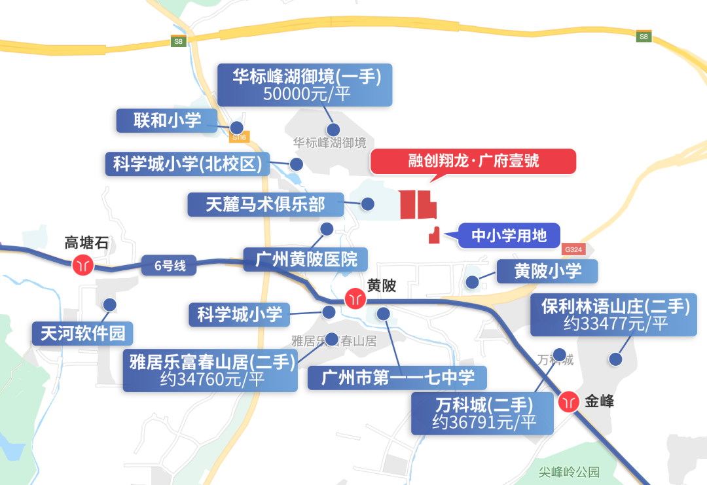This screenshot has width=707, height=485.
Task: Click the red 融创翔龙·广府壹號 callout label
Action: pos(473,161)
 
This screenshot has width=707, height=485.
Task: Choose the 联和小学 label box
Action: pos(167,120)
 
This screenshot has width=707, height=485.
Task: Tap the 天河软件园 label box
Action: pos(82,333)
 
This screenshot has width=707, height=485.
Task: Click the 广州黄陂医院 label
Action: pos(305,259)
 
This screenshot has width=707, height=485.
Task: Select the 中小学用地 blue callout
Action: pos(509,235)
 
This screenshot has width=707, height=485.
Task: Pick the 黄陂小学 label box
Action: pos(547,271)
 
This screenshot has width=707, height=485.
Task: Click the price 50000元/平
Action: pos(306,95)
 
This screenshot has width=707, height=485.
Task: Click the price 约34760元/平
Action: pos(211,380)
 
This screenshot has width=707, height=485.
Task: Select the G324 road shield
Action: pos(572,249)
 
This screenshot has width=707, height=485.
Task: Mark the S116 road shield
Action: pos(240,137)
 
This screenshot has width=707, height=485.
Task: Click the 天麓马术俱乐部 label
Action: pos(265,204)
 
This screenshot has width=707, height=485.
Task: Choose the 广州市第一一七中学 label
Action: pos(398,378)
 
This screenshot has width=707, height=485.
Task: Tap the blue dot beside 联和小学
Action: pos(237,128)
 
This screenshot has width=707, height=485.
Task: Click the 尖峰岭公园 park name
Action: pos(569,471)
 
